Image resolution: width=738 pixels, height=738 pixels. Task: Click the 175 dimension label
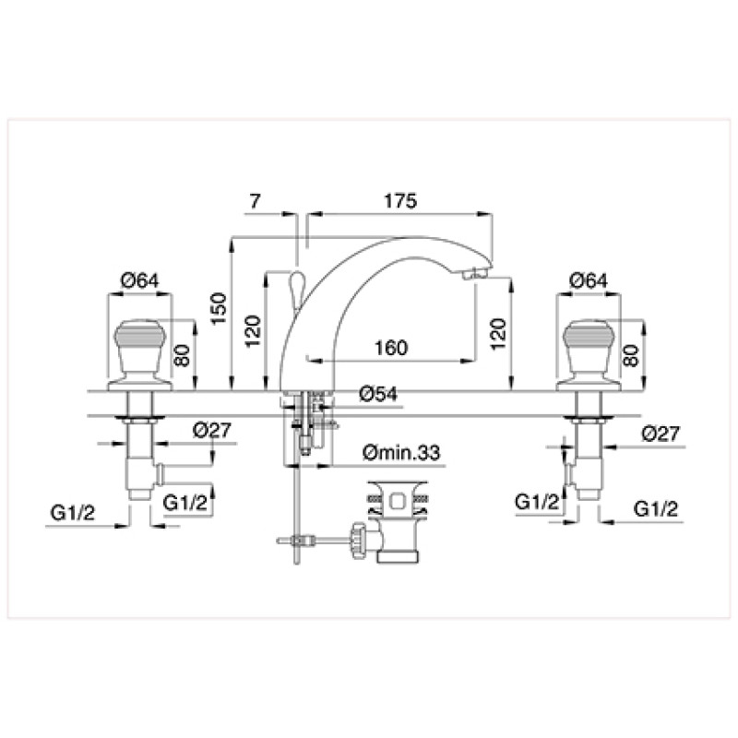[400, 201]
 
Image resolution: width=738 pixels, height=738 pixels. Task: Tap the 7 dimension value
[255, 201]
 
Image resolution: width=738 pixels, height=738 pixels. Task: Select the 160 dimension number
[390, 348]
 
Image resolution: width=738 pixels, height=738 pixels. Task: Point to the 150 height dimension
[219, 308]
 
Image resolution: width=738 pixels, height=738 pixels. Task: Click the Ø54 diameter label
[378, 394]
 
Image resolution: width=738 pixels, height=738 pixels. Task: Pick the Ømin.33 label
[401, 453]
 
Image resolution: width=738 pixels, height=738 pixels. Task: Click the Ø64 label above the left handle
[140, 281]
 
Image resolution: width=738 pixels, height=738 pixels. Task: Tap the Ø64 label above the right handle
[589, 281]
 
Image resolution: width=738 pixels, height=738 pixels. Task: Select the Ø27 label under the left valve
[212, 430]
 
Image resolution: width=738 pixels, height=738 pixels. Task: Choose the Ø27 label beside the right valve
[661, 434]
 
